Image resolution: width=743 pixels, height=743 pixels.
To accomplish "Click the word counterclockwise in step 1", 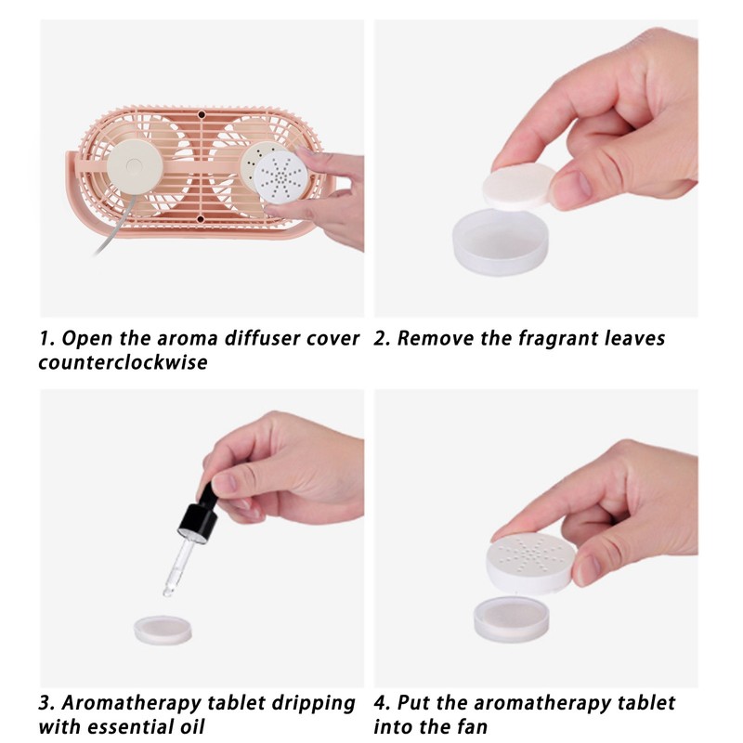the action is (124, 362).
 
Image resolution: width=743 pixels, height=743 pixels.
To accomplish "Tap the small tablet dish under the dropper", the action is (163, 630).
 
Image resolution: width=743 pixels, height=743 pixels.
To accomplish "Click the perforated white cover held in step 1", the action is (280, 178).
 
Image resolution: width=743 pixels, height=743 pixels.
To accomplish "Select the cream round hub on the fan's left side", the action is (135, 166).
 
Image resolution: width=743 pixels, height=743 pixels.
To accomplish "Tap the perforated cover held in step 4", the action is (530, 564).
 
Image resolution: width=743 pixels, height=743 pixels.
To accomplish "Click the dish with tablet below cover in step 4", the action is (514, 620).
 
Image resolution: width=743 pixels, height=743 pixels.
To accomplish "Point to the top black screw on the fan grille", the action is (202, 114).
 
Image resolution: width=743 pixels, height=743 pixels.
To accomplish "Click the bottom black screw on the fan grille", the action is (200, 219).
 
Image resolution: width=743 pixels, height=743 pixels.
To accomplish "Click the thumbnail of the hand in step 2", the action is (575, 185).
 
